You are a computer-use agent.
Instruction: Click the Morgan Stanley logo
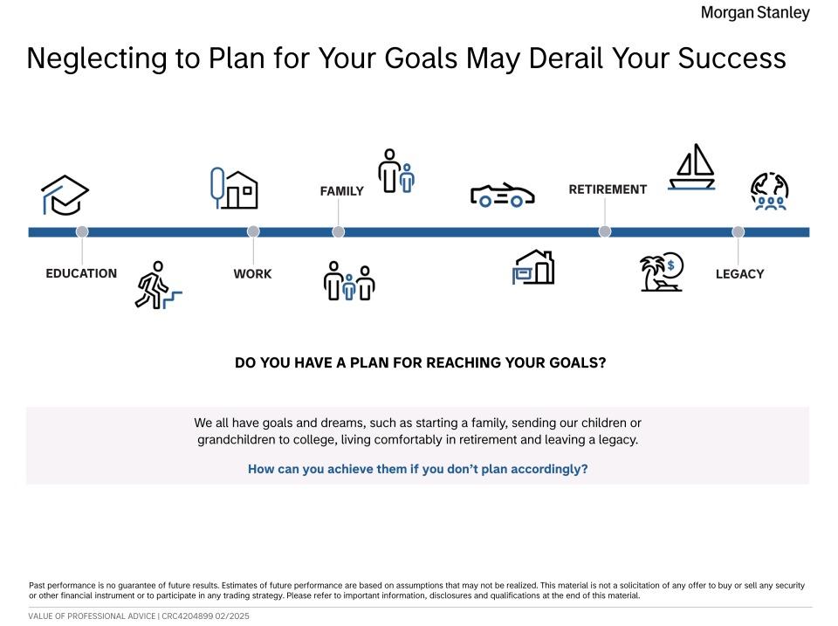click(x=754, y=13)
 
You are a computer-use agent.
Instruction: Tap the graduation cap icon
click(x=65, y=195)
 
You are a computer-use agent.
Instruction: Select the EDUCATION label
click(x=81, y=273)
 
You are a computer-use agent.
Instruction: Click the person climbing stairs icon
click(x=158, y=285)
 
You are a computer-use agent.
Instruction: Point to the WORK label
click(x=253, y=273)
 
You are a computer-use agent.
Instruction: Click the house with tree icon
click(x=234, y=189)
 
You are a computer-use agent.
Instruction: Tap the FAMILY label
click(x=341, y=191)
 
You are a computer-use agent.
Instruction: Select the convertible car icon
click(x=503, y=195)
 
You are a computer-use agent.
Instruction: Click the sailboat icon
click(x=692, y=167)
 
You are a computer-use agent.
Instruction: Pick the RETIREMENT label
click(x=608, y=189)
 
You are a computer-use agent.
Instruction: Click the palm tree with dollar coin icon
click(x=662, y=272)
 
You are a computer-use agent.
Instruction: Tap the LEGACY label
click(x=739, y=273)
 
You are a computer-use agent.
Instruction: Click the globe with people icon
click(x=770, y=191)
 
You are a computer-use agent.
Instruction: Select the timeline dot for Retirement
click(x=604, y=231)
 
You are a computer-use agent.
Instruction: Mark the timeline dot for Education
click(x=82, y=231)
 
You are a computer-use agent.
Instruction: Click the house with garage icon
click(x=533, y=267)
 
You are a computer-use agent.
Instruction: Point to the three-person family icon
click(x=349, y=280)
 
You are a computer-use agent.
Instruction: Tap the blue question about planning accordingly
click(x=418, y=469)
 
